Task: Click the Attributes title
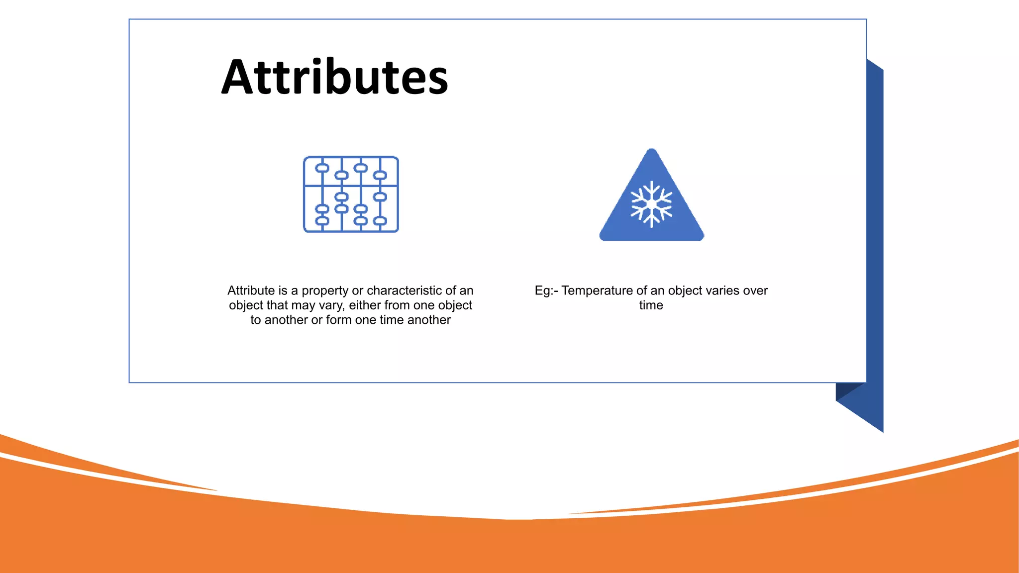(335, 77)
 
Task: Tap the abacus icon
(351, 194)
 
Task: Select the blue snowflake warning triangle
(651, 199)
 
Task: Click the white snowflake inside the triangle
(651, 204)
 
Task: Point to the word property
(325, 291)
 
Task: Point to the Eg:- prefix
(546, 291)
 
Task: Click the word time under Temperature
(651, 305)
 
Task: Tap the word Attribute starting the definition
(251, 290)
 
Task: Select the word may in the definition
(303, 306)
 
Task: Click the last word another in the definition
(429, 320)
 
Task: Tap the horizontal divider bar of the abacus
(351, 186)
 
